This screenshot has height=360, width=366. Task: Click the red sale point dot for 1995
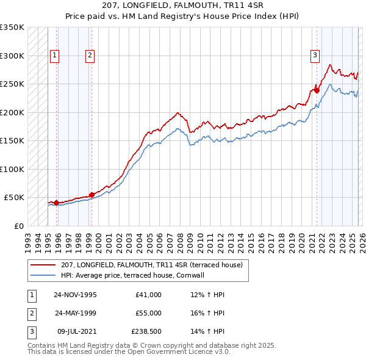click(56, 203)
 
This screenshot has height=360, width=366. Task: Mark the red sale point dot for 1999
click(91, 195)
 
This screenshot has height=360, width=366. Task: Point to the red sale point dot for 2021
click(317, 90)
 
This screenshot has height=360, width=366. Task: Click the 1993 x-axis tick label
click(27, 239)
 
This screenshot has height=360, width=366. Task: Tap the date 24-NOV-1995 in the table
click(75, 295)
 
